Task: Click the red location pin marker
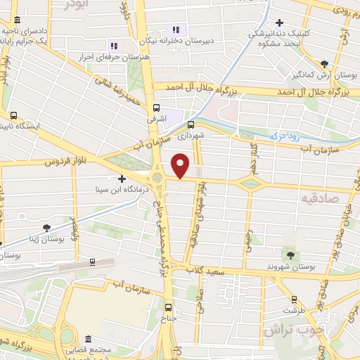181,165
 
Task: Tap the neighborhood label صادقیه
321,199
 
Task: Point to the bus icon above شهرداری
191,120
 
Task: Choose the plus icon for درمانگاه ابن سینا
122,179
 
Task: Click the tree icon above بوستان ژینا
46,227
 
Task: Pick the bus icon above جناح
167,307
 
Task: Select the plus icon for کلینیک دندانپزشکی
280,23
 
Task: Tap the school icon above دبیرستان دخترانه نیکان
176,30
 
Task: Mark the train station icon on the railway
92,262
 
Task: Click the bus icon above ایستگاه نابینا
13,115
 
